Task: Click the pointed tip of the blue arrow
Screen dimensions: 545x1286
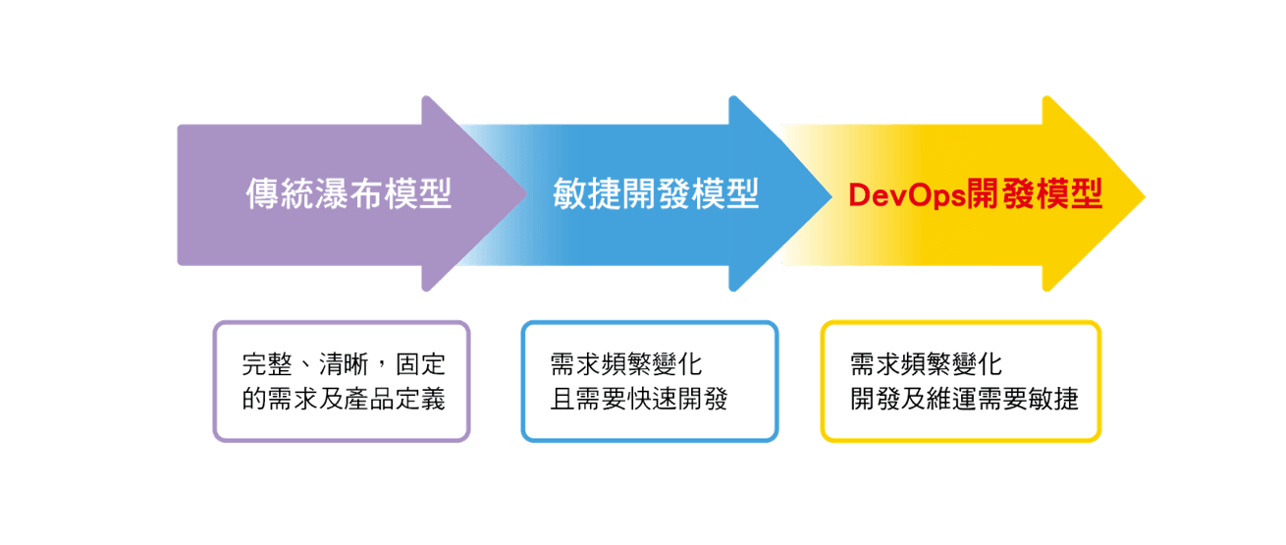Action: coord(831,194)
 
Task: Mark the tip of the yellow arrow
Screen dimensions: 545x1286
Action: coord(1144,194)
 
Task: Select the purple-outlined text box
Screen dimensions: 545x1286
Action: coord(342,381)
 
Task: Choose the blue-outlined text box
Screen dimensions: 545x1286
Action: coord(649,381)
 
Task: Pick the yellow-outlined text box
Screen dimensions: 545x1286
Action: coord(960,381)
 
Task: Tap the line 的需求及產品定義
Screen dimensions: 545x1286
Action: coord(344,400)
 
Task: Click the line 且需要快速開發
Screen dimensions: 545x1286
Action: coord(638,400)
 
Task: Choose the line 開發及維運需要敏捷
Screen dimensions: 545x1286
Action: coord(964,400)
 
